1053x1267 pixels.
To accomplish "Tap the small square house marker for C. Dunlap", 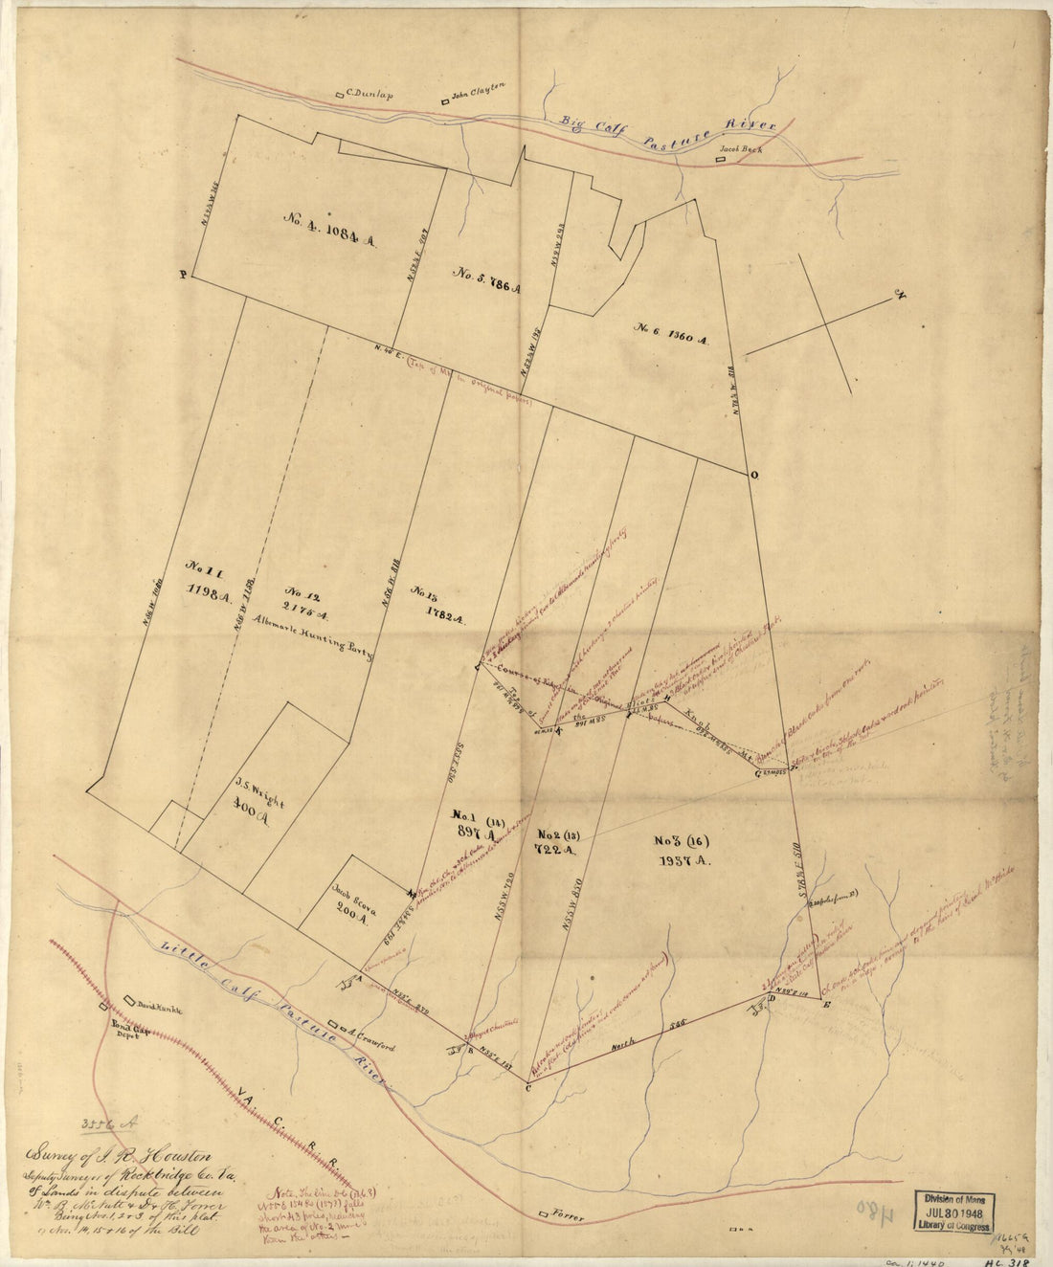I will point(339,95).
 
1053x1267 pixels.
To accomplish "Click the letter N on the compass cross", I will point(898,295).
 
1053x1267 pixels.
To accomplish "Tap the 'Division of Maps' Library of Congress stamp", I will point(953,1210).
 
